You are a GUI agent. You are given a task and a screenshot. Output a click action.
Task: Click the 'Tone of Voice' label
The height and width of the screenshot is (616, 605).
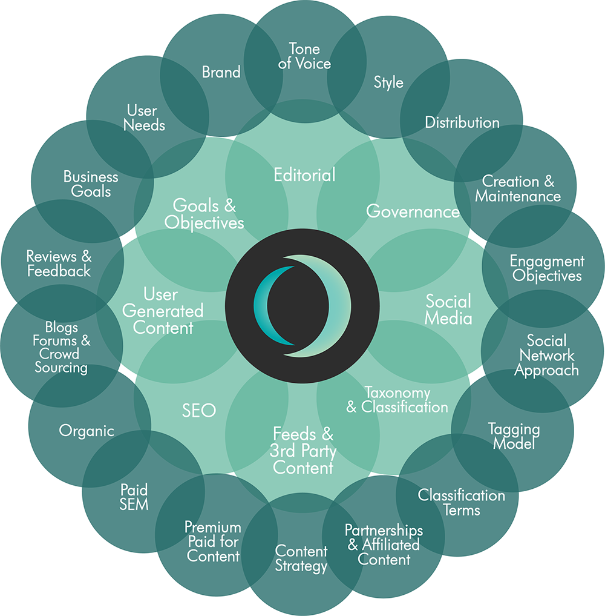304,56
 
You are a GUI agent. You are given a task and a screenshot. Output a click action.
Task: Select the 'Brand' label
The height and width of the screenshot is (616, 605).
221,72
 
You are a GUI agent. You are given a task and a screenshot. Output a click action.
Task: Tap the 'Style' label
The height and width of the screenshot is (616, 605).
388,82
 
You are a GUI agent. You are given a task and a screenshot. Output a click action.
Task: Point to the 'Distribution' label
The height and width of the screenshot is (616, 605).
462,122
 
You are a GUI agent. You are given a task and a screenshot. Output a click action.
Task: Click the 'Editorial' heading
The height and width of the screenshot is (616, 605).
304,175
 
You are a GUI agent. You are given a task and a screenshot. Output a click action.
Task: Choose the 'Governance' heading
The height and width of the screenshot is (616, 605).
413,211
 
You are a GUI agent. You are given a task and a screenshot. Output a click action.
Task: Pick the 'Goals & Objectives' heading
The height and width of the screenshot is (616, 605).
204,214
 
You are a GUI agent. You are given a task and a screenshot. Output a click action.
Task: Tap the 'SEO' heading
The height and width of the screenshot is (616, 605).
198,411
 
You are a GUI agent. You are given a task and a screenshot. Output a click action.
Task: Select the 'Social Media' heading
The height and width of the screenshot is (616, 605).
448,310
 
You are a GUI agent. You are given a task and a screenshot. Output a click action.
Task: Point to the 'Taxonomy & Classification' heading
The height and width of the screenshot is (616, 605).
397,400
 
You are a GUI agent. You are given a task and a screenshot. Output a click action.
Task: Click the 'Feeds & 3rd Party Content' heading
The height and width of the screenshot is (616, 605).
303,451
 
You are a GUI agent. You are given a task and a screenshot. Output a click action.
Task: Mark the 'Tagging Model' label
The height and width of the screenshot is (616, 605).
514,437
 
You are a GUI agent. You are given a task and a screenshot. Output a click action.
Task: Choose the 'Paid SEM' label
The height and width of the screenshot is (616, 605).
134,497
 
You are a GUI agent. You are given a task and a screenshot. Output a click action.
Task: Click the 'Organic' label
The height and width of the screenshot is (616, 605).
87,431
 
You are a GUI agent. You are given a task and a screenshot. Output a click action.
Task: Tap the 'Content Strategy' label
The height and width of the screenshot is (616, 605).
301,558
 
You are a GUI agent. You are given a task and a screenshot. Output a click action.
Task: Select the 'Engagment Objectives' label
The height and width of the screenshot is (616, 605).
547,268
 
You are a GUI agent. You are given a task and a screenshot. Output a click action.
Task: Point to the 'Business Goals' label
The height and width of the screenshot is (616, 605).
91,184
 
